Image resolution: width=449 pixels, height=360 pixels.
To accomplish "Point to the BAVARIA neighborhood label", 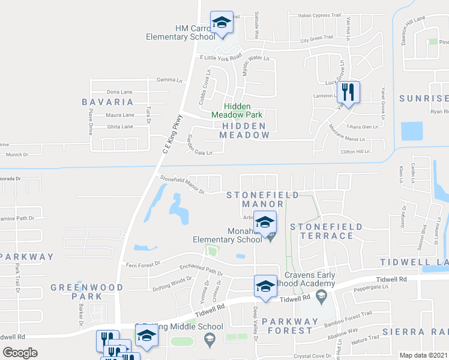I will coord(107,102).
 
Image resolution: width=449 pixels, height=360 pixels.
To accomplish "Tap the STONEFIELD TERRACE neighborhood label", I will coord(326,231).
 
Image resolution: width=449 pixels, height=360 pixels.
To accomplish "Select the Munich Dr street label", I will coord(17,155).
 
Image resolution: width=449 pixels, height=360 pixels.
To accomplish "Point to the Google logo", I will coord(20,352).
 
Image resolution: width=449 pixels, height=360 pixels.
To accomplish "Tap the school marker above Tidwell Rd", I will coord(265,286).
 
